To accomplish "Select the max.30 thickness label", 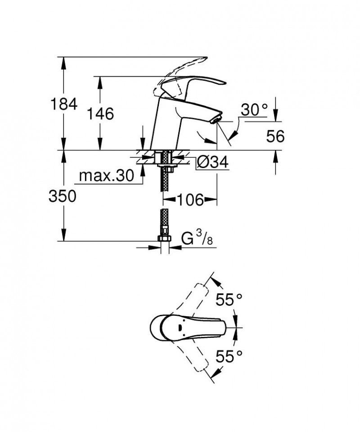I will coord(106,176).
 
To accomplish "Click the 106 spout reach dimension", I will coord(190,199).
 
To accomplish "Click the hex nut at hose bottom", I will coord(164,239).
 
